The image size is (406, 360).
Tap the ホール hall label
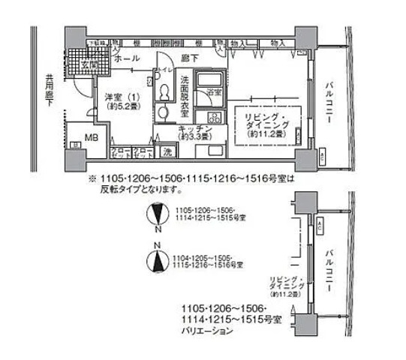tap(125, 57)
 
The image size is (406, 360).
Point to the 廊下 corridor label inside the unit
tap(189, 57)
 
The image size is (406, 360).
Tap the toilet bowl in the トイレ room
tap(164, 91)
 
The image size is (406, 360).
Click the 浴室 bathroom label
tap(214, 92)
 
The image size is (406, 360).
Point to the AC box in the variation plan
tap(320, 226)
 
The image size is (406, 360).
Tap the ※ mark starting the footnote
tap(93, 179)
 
